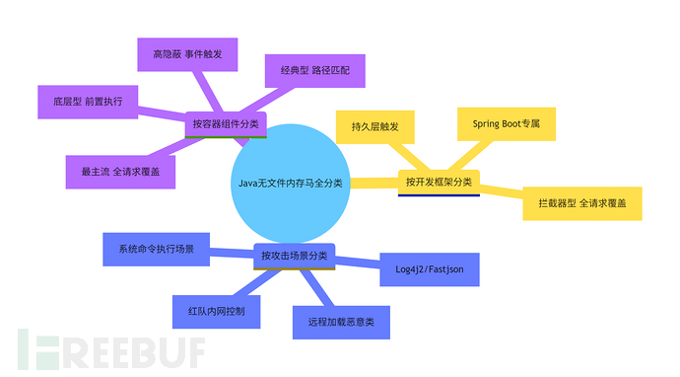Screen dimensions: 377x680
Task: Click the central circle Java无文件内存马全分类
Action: (x=291, y=183)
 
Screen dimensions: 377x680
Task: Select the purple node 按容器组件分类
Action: (x=226, y=124)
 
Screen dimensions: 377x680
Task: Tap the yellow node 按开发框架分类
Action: (x=439, y=182)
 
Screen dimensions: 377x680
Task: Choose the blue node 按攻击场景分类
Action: (x=295, y=256)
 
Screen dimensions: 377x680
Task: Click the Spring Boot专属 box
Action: (x=507, y=124)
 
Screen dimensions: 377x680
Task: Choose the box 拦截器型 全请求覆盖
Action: (x=582, y=202)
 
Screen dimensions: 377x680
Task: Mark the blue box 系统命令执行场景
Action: (x=156, y=249)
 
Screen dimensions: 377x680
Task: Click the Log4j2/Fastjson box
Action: (x=430, y=268)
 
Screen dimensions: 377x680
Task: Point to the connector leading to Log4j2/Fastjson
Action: (x=358, y=262)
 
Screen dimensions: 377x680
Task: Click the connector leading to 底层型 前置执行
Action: (x=163, y=113)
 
